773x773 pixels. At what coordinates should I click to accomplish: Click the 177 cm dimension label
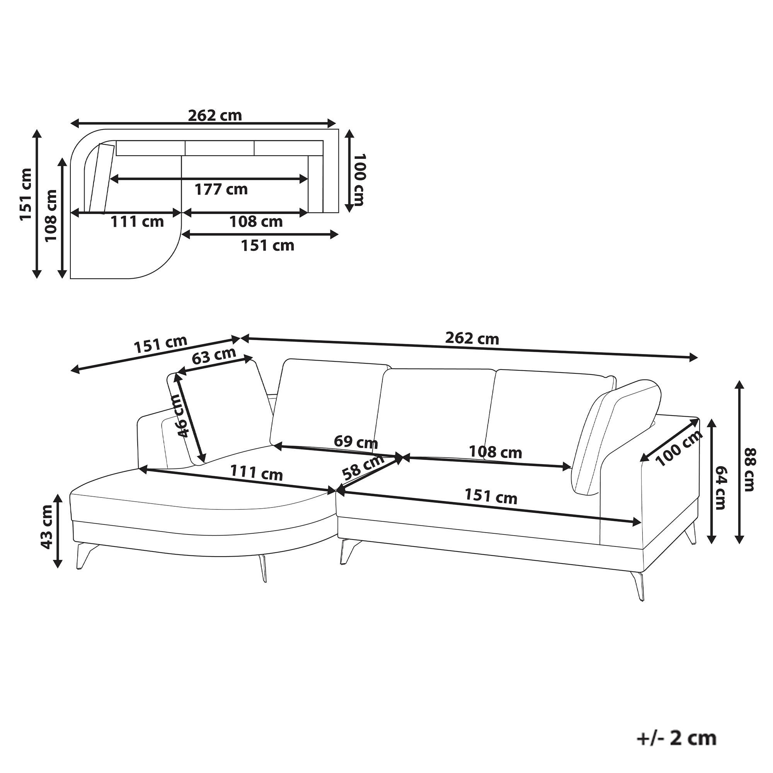point(221,189)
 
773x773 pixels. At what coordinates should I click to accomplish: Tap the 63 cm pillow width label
point(214,356)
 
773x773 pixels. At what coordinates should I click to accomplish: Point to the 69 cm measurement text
point(356,442)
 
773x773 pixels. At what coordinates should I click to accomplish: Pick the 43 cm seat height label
point(46,526)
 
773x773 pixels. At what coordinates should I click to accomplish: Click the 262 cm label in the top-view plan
point(215,116)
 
